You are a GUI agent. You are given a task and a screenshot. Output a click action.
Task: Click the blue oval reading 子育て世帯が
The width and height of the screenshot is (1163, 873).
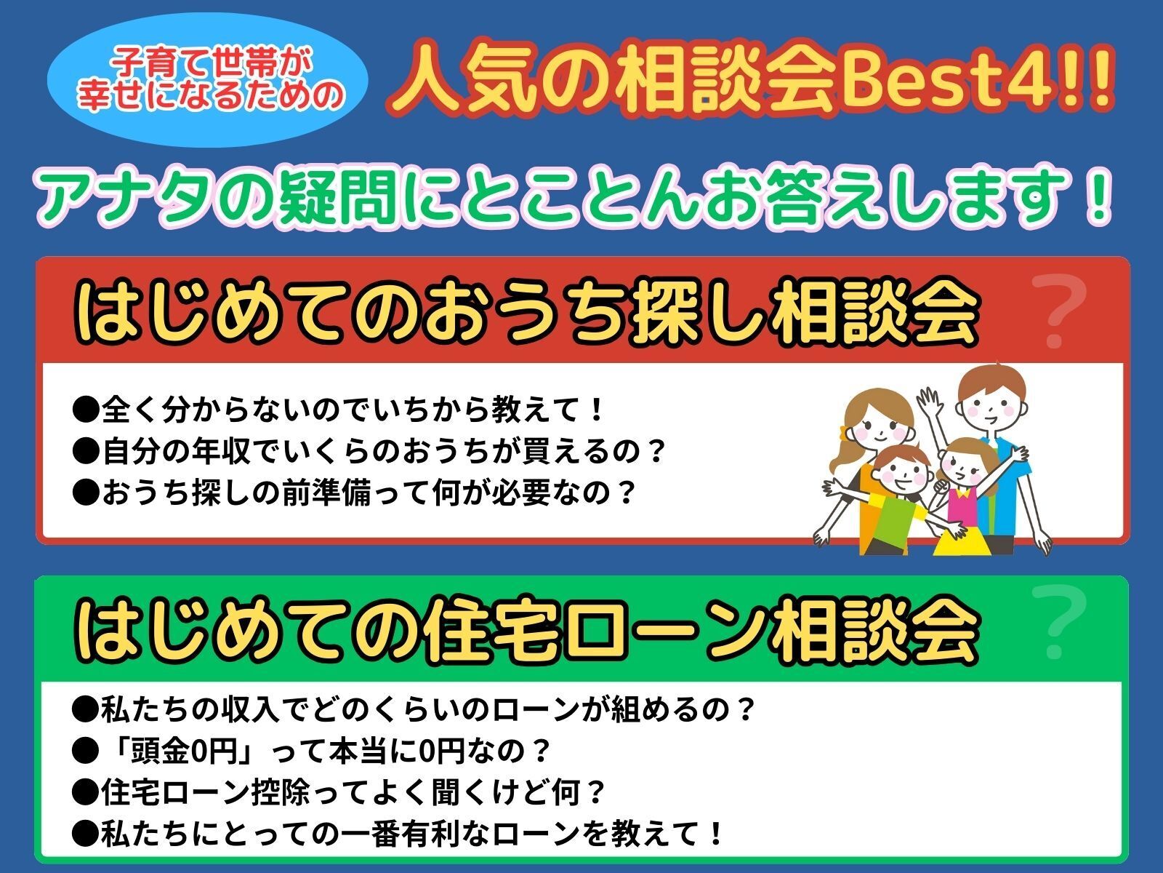coord(207,79)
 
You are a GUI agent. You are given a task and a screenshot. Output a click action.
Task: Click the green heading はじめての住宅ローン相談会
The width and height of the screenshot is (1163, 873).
coord(526,630)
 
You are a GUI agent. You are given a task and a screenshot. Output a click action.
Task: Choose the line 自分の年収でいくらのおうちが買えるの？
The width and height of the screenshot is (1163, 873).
coord(369,451)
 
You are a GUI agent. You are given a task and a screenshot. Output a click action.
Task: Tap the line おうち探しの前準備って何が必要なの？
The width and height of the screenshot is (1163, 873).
coord(353,493)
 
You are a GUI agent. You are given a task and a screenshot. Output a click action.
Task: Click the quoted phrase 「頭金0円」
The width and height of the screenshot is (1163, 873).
coord(177,751)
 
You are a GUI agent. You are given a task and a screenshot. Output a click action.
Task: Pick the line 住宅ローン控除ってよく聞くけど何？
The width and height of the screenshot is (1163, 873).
coord(338,792)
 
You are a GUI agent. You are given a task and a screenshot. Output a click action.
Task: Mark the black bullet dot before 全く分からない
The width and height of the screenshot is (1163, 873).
coord(85,410)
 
